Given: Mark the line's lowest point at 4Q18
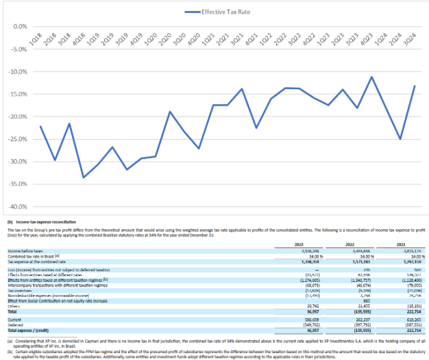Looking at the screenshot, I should point(84,178).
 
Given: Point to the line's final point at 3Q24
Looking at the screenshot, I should point(414,86).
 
